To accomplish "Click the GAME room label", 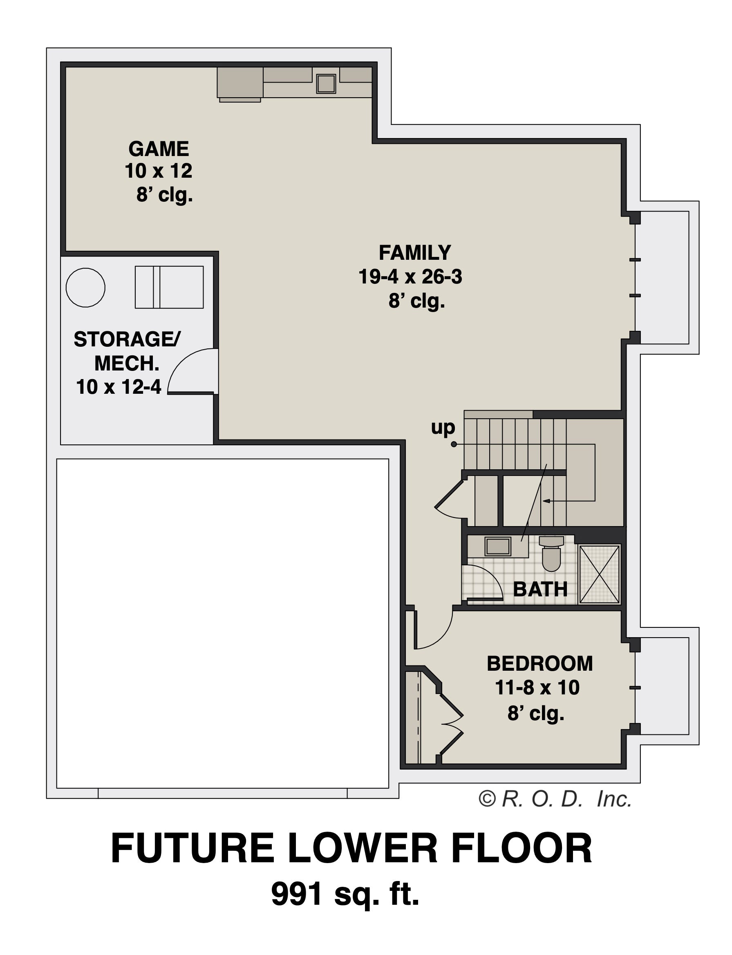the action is tap(159, 149).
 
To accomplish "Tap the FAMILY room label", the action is tap(415, 252).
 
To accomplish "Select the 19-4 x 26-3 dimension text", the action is tap(410, 277).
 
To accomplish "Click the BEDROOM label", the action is tap(539, 664).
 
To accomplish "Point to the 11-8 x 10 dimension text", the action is tap(537, 687).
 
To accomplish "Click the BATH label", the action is tap(540, 590).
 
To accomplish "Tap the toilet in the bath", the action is tap(551, 553).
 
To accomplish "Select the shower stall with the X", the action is tap(600, 574).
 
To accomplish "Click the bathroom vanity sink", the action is tap(498, 546).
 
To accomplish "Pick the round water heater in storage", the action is tap(85, 288).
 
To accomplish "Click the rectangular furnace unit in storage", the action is tap(169, 288).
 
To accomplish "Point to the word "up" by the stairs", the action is tap(443, 428).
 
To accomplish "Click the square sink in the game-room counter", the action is tap(326, 84).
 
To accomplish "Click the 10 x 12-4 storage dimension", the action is tap(119, 387).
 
